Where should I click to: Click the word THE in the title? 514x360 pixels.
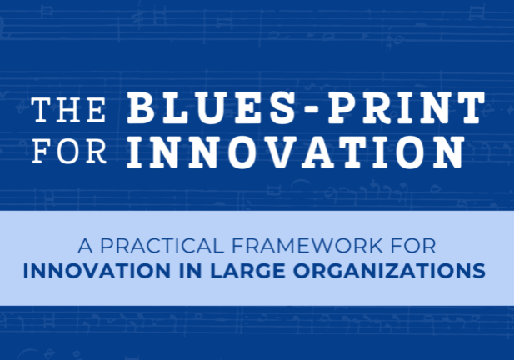[x=68, y=110]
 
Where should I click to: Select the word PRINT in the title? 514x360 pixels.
[x=407, y=107]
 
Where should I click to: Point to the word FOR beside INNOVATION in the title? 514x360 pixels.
[x=69, y=151]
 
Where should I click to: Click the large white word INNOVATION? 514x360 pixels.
[x=296, y=152]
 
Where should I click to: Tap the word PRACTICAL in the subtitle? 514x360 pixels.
[x=162, y=246]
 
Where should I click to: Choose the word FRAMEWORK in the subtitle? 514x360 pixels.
[x=307, y=246]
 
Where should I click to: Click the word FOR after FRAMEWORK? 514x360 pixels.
[x=413, y=246]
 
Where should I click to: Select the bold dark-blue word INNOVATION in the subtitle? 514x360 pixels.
[x=97, y=271]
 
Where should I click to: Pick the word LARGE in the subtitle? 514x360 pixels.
[x=247, y=271]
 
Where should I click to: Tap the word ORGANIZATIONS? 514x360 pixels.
[x=389, y=271]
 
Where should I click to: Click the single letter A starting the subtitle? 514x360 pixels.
[x=85, y=246]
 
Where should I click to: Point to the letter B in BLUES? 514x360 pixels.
[x=140, y=107]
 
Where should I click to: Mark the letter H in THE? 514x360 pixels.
[x=68, y=110]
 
